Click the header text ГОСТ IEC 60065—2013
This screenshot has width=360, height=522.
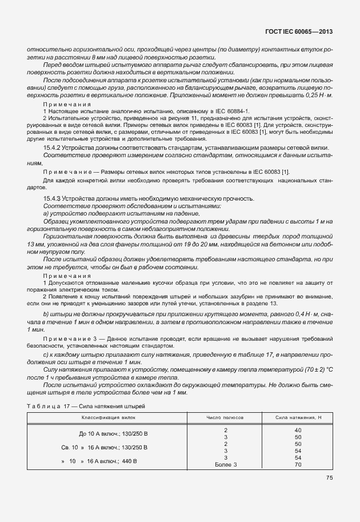pos(299,33)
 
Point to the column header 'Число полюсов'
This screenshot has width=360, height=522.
pos(226,419)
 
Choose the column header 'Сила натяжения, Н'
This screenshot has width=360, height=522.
pos(298,419)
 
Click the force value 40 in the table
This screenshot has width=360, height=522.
pos(298,429)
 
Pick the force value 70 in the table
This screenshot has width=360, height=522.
pos(298,464)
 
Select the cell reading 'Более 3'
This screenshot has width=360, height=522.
pos(226,464)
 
